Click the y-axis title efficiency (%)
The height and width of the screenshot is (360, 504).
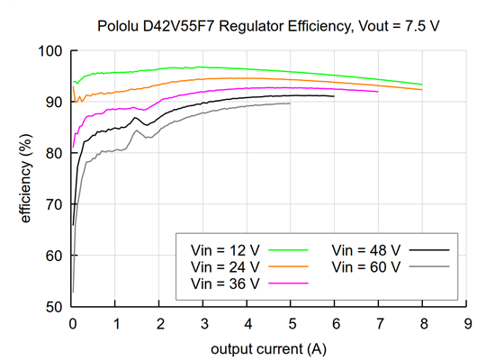pos(28,178)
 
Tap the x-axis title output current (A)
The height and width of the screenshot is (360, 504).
pos(269,347)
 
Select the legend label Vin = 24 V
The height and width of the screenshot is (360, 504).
pos(224,266)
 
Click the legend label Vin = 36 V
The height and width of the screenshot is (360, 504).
pos(224,283)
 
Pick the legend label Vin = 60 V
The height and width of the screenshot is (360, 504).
pos(365,266)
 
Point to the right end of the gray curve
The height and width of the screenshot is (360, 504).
pos(291,103)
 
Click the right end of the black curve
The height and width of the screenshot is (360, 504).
pos(335,96)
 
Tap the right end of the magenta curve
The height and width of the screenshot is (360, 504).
pos(379,91)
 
